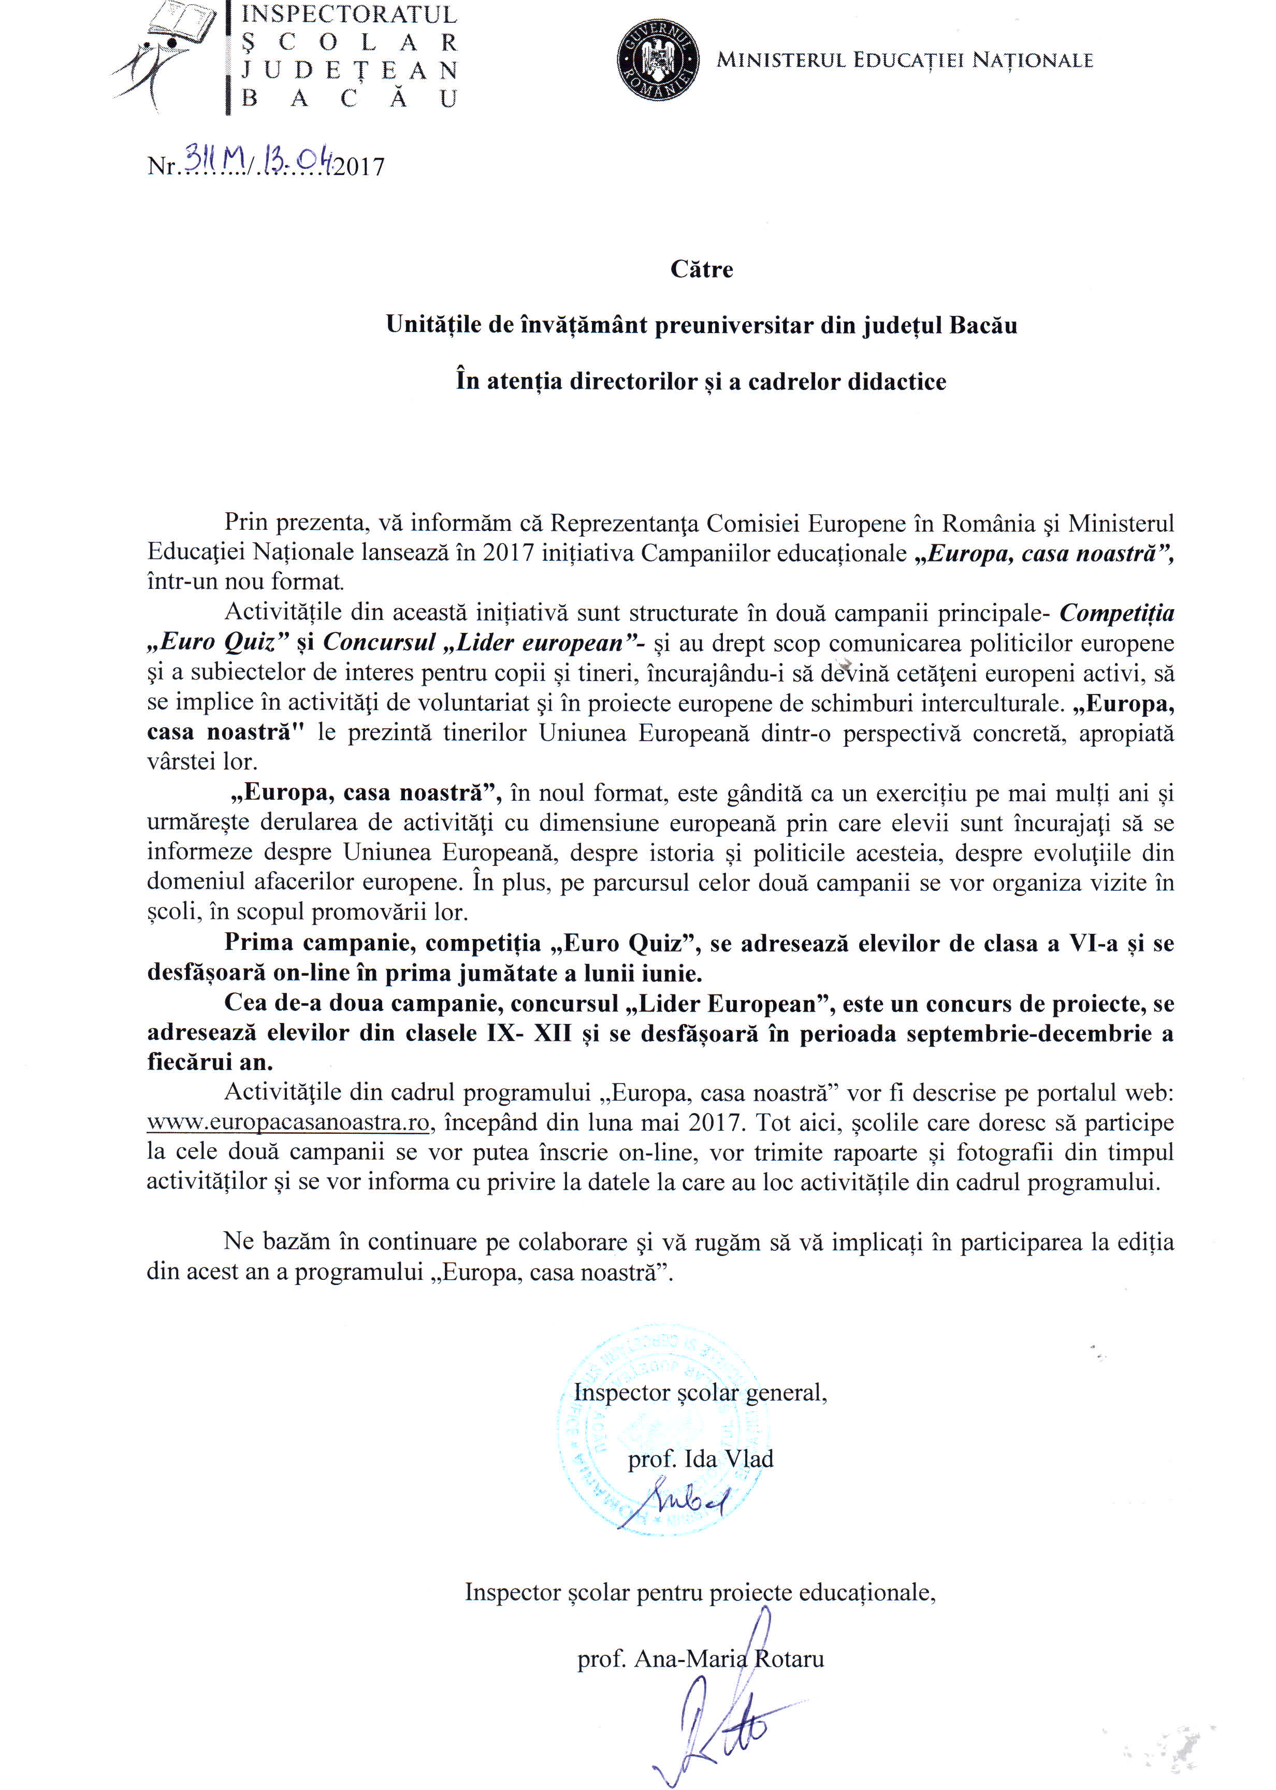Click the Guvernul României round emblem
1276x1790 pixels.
[658, 61]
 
